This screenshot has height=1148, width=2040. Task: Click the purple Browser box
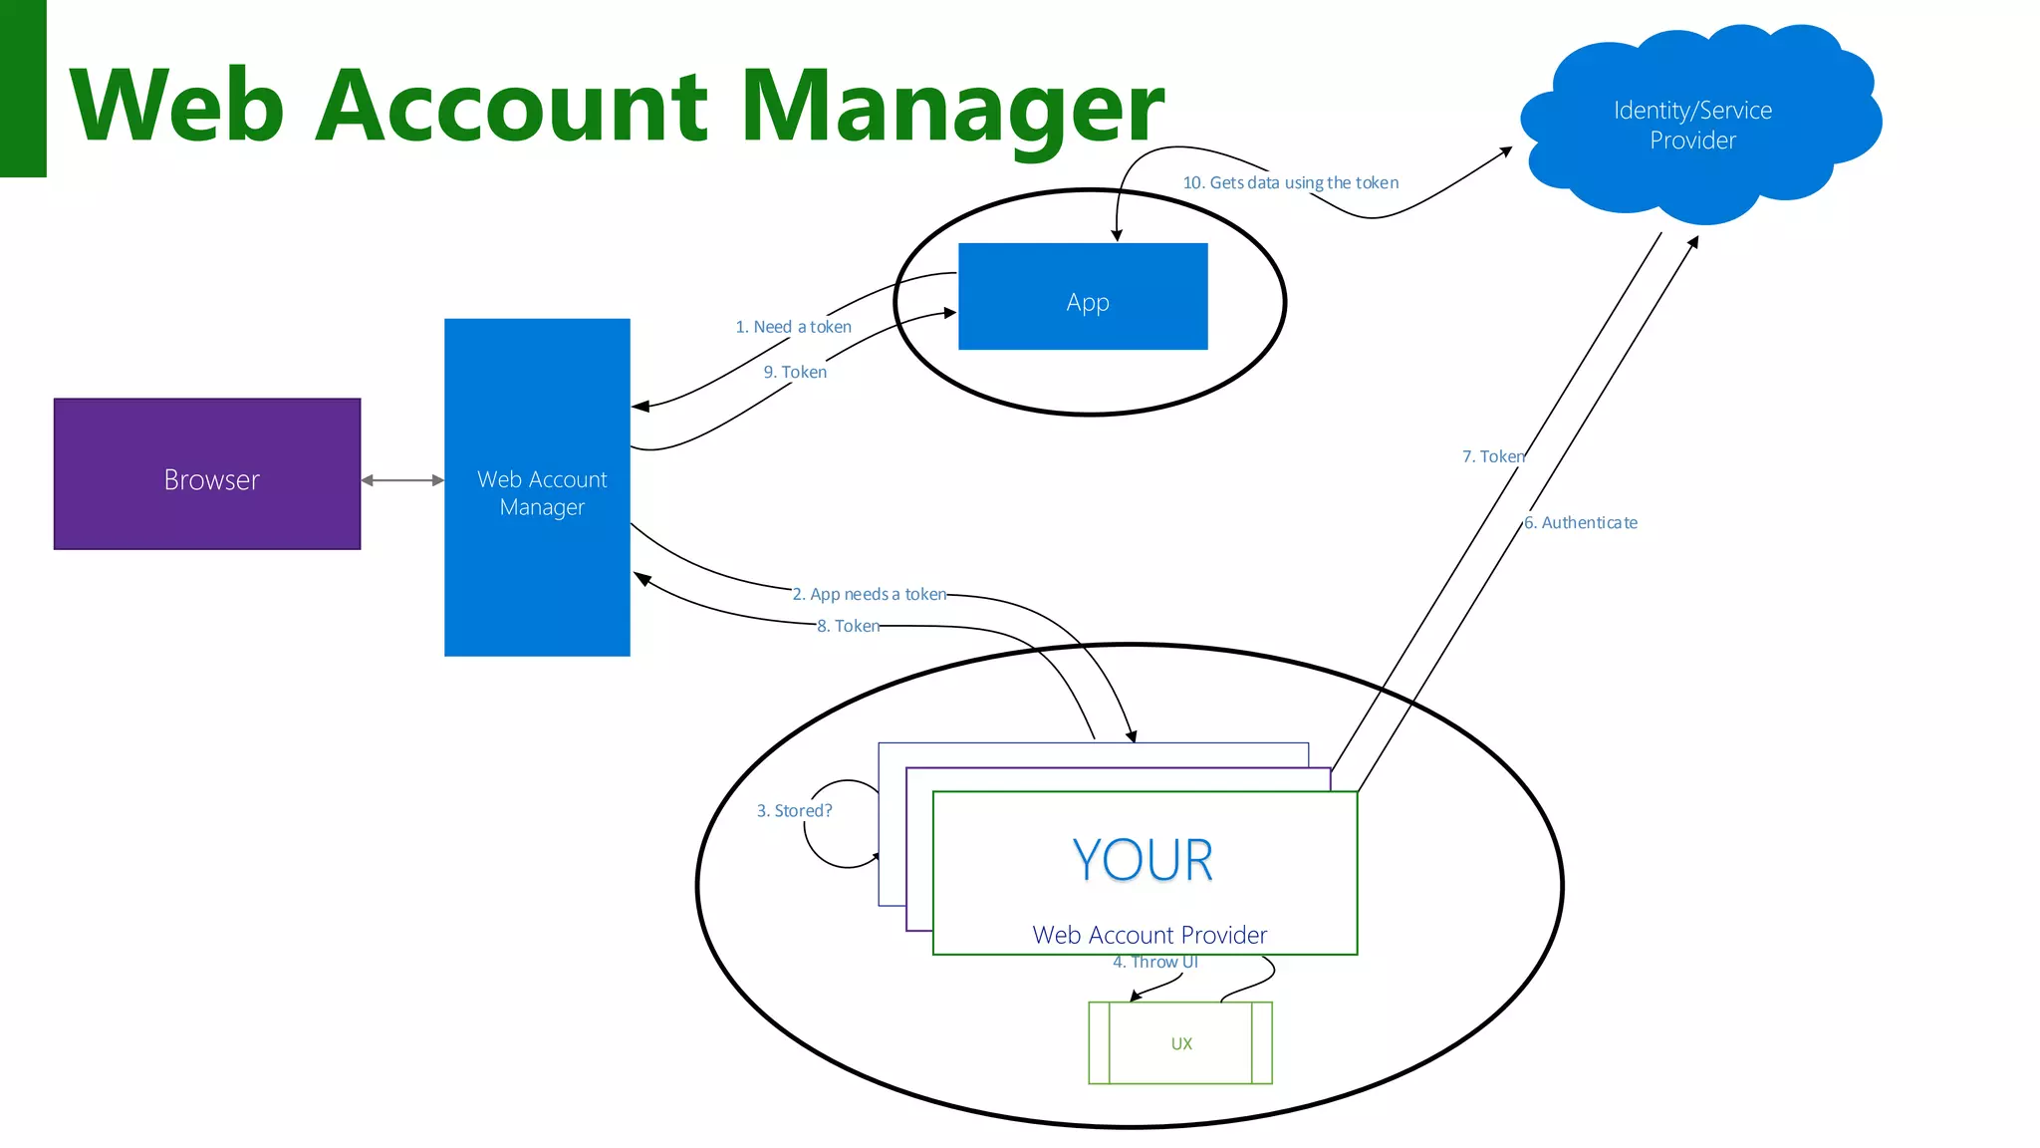point(207,474)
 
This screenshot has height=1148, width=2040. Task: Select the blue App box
point(1083,297)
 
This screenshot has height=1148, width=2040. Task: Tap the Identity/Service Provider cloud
point(1693,125)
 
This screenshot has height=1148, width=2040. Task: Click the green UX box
point(1180,1043)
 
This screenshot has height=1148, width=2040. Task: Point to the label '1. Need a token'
point(793,327)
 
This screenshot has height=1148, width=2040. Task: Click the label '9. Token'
point(795,372)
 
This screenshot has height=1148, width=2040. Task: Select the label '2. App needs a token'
point(869,594)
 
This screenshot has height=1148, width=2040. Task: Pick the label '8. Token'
point(848,626)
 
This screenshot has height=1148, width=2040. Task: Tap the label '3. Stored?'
point(794,810)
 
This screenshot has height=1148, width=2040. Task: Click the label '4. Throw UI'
point(1154,962)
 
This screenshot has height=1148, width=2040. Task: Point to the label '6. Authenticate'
point(1581,522)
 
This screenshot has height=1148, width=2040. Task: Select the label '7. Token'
point(1492,456)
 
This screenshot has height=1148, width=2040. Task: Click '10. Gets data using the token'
point(1290,182)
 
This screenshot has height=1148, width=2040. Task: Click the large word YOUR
point(1143,860)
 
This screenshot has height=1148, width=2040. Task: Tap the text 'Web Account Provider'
point(1149,935)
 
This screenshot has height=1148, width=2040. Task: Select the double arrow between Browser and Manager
point(402,480)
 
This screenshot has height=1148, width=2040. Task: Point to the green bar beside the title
point(23,88)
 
